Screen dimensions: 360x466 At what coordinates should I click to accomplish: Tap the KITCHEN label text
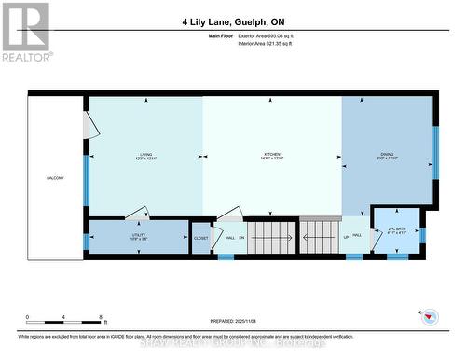[271, 155]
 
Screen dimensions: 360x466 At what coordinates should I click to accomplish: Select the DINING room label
[387, 155]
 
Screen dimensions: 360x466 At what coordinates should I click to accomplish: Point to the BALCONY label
[55, 178]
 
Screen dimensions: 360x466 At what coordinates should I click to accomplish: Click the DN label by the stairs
[241, 238]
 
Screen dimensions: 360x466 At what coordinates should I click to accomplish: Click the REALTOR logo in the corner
[25, 32]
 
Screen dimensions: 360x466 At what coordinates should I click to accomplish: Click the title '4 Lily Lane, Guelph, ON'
[232, 21]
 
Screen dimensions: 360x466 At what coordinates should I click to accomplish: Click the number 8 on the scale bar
[101, 317]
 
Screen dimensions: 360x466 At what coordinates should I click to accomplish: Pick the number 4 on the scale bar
[63, 317]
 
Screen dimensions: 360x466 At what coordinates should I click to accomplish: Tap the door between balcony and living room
[90, 124]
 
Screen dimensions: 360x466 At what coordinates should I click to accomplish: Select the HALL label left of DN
[228, 238]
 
